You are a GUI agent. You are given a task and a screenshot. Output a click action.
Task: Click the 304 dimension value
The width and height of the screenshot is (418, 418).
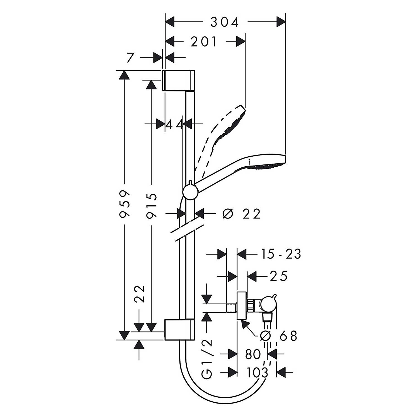pos(225,22)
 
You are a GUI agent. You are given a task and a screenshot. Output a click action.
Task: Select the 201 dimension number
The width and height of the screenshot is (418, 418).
pos(204,42)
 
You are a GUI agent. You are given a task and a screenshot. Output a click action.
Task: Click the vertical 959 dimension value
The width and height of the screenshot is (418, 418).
pos(124,204)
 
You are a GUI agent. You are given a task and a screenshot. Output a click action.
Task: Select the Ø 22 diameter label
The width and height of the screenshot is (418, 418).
pos(241,214)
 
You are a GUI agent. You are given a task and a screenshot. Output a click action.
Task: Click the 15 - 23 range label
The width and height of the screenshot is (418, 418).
pos(281,254)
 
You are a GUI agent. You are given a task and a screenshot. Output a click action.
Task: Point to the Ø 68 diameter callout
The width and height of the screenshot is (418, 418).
pos(279,336)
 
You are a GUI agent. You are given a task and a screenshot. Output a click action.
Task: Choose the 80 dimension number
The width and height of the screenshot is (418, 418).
pos(253,354)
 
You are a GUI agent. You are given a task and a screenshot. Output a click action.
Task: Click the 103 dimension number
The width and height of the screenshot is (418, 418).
pos(257,372)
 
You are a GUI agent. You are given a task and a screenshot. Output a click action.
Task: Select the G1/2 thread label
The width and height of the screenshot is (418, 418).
pos(207,359)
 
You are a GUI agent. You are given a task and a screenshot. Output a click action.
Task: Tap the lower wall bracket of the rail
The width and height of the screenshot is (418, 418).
pos(179,330)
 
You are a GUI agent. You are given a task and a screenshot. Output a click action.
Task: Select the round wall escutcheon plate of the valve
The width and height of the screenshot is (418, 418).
pos(241,306)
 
